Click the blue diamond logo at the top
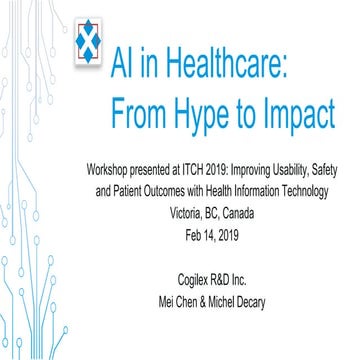pyautogui.click(x=90, y=44)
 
